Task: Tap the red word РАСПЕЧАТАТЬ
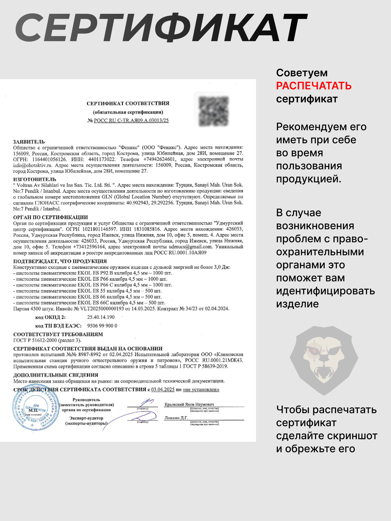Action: (x=314, y=86)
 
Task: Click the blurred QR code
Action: (x=213, y=111)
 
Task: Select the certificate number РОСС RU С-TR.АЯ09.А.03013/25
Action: (x=131, y=120)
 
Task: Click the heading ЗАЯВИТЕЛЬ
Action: (x=29, y=142)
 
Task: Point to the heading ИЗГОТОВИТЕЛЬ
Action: (x=35, y=179)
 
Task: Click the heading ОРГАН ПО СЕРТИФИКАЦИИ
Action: (x=51, y=217)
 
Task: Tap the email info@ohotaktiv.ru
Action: (x=33, y=165)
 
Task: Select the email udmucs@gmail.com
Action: (x=190, y=247)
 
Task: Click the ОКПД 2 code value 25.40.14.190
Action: (x=101, y=317)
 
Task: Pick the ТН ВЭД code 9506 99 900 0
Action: (x=102, y=326)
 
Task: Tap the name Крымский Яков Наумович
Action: (x=189, y=404)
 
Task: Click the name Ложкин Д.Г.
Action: (x=176, y=418)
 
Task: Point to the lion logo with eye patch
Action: (x=324, y=360)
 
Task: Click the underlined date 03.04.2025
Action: (x=163, y=389)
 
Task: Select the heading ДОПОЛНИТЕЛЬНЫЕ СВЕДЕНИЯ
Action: (x=56, y=375)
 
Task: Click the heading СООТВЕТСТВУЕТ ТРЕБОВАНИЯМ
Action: (x=58, y=334)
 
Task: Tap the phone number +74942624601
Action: (x=159, y=159)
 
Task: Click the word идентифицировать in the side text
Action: (x=326, y=291)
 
